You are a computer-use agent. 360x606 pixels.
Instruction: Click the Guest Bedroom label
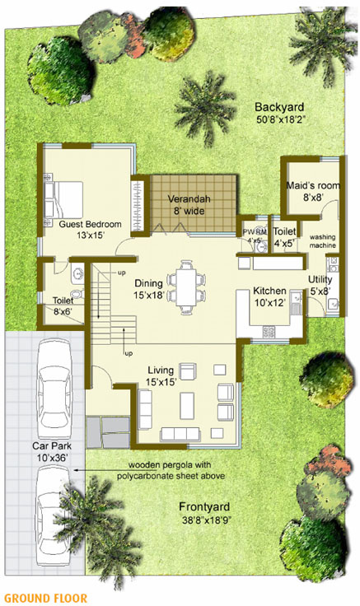tap(90, 224)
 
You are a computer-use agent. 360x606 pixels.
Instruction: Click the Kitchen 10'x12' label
tap(269, 296)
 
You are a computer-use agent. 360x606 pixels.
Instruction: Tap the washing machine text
tap(322, 241)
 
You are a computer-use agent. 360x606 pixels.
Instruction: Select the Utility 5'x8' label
tap(320, 285)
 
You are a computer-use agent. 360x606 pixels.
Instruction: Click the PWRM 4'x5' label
tap(252, 236)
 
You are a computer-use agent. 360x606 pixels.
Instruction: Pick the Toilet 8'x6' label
tap(62, 306)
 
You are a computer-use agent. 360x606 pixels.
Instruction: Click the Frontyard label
tap(206, 506)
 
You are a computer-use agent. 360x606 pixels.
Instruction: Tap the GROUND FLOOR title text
tap(40, 597)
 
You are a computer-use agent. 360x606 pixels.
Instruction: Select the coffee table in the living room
tap(187, 404)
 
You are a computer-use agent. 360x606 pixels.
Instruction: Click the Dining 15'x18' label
tap(156, 288)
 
